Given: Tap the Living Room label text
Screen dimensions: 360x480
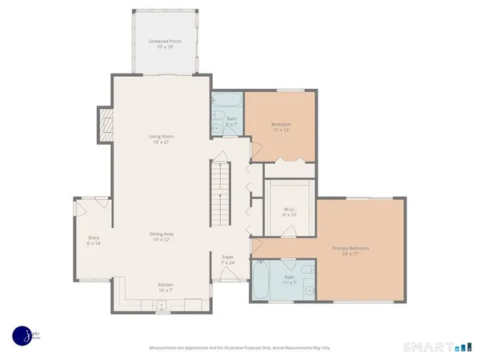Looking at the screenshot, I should tap(162, 137).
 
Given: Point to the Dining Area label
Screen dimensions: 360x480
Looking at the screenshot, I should tap(162, 234).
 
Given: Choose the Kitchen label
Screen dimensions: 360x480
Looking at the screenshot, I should tap(165, 285).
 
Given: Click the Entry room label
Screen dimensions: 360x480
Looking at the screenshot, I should tap(94, 237).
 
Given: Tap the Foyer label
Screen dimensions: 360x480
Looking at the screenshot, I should tap(228, 257).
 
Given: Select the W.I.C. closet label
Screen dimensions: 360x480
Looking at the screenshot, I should tap(290, 210).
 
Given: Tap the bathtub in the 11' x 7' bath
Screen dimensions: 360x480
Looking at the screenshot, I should tap(262, 282).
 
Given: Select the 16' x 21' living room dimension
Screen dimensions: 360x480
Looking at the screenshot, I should tap(162, 142).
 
